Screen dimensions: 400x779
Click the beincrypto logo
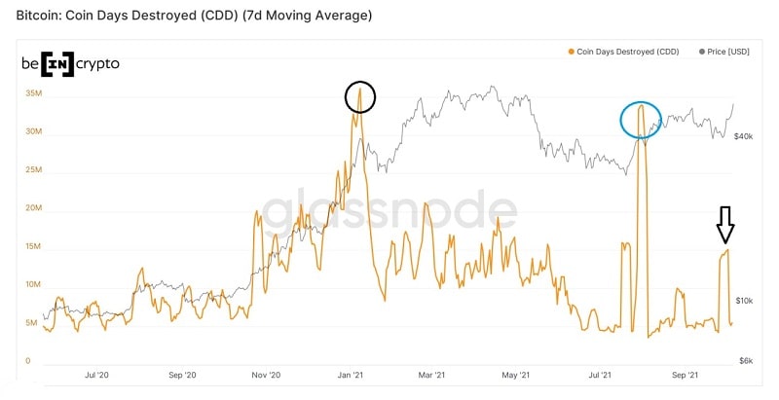click(x=70, y=63)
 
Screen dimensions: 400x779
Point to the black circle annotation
click(x=359, y=96)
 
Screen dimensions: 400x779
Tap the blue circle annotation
click(x=641, y=119)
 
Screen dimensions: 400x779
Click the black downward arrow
click(x=724, y=224)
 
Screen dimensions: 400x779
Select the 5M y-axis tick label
click(x=32, y=323)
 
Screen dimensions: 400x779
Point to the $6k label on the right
click(x=746, y=361)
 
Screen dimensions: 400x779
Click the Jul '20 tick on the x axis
click(x=96, y=374)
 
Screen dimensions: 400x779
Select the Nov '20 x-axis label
click(x=266, y=374)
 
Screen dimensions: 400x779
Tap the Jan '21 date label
click(x=351, y=374)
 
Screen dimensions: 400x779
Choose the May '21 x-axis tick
click(x=517, y=374)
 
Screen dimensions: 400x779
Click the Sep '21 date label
click(x=686, y=374)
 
